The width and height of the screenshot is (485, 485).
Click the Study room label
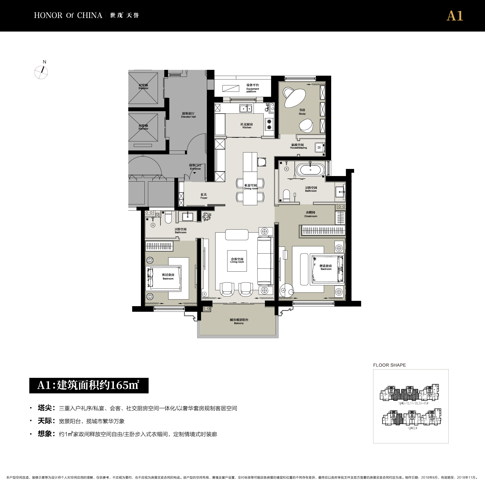coord(302,112)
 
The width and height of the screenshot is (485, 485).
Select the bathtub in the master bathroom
coord(310,170)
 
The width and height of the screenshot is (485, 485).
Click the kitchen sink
coord(245,109)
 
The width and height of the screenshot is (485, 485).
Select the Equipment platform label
coord(253,88)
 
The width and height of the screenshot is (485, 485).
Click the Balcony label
coord(239,321)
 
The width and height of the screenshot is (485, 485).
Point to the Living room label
coord(237,260)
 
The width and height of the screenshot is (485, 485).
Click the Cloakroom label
coord(310,214)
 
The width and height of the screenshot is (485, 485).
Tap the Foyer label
coord(204,196)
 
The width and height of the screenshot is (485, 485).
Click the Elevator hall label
coord(188,115)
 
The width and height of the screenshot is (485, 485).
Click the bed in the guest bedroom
coord(164,278)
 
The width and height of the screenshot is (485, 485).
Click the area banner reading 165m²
coord(89,385)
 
